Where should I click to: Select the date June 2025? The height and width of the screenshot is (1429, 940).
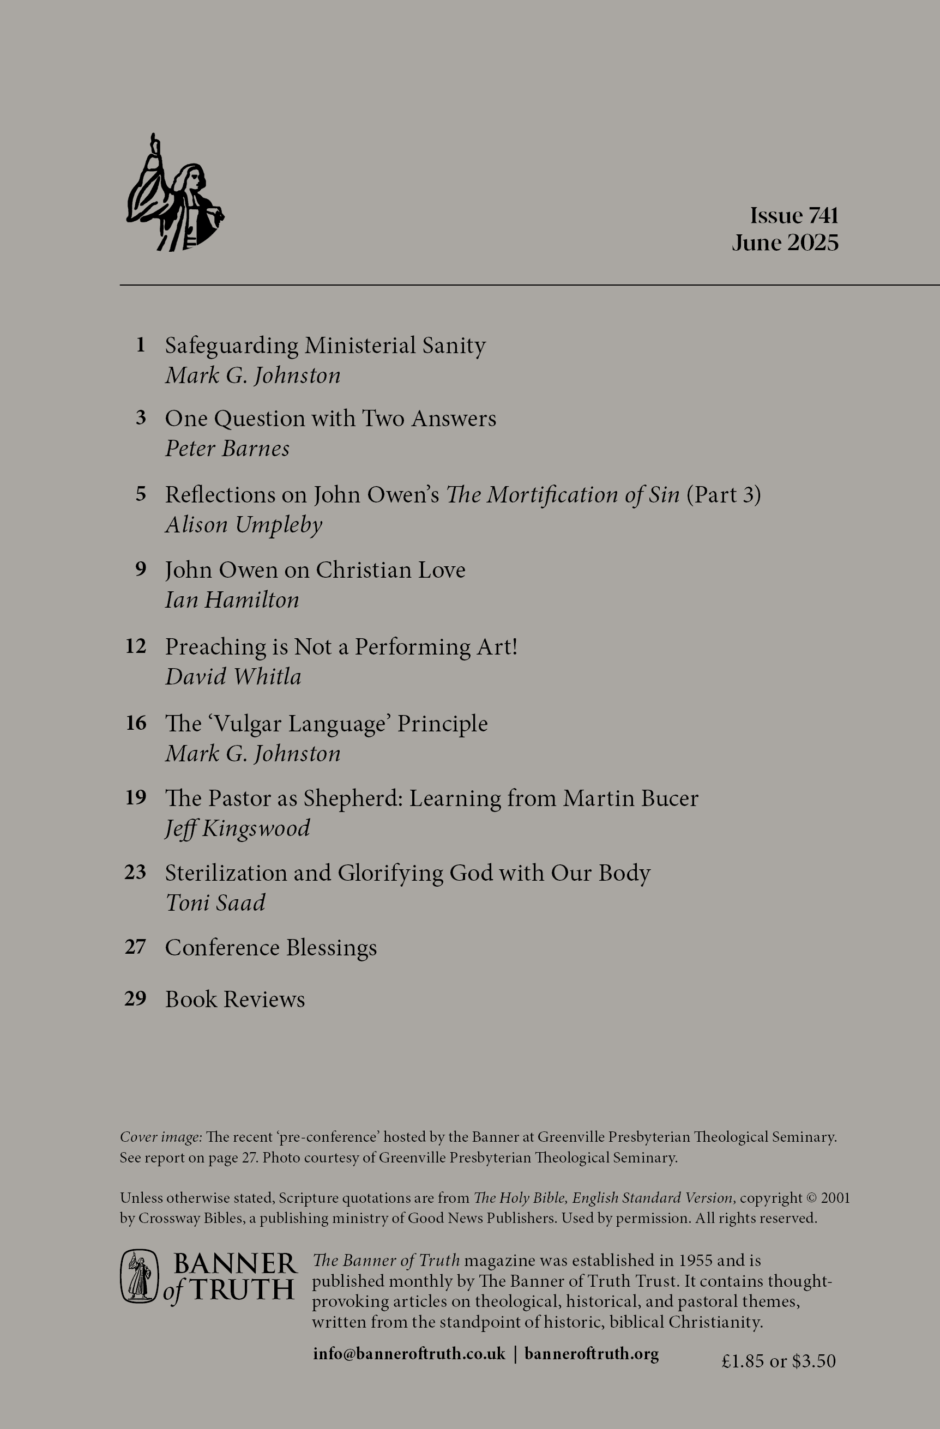tap(785, 243)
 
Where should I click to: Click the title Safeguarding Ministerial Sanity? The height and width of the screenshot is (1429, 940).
tap(325, 346)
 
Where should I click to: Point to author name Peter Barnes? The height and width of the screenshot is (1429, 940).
tap(227, 449)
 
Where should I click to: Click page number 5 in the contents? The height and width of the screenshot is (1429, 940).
tap(141, 494)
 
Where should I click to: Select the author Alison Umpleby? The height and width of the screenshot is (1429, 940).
tap(243, 525)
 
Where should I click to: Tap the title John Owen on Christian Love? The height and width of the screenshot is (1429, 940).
tap(315, 570)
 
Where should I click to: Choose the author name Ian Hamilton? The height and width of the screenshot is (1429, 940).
tap(232, 600)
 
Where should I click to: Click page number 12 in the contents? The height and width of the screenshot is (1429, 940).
tap(136, 646)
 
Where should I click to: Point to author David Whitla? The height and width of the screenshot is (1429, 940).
tap(233, 677)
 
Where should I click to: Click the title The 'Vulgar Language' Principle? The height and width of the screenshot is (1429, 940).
tap(326, 724)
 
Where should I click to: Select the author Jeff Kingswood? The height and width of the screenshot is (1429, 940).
tap(237, 828)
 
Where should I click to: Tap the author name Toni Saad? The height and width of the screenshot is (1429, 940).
tap(215, 903)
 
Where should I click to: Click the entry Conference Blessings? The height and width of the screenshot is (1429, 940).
tap(271, 947)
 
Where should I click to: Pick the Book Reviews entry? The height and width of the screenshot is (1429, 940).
tap(235, 999)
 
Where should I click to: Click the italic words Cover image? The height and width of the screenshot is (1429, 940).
tap(160, 1136)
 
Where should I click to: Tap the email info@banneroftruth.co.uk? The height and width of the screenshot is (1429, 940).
tap(409, 1353)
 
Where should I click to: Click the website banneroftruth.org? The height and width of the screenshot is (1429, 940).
tap(591, 1353)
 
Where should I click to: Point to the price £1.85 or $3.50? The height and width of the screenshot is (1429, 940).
tap(778, 1360)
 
